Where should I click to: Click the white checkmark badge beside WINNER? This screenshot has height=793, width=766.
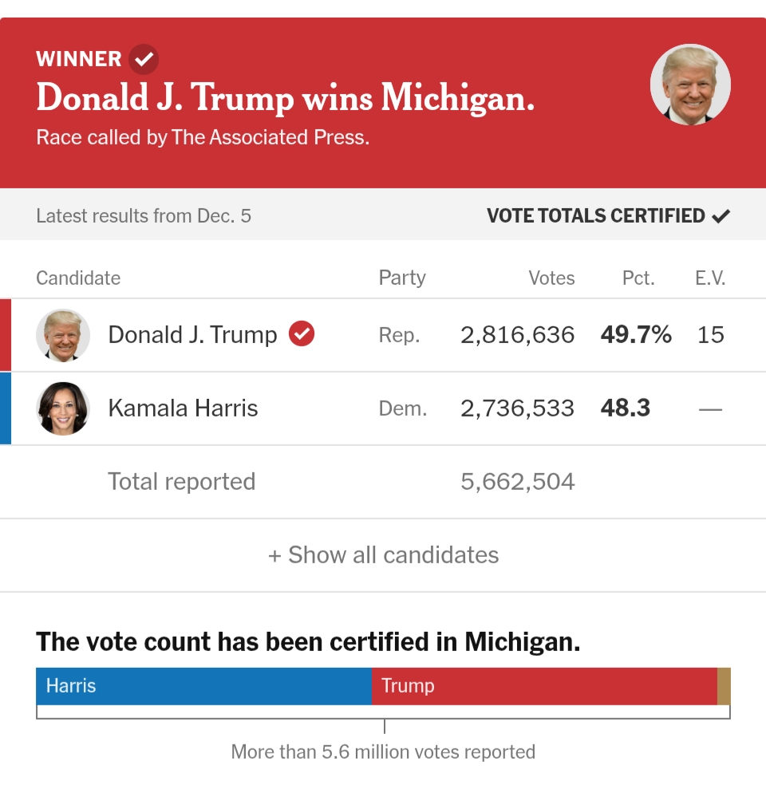144,59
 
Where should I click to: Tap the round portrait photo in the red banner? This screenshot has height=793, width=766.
690,85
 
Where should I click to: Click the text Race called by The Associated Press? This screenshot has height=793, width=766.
203,137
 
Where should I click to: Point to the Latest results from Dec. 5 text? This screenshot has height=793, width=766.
144,215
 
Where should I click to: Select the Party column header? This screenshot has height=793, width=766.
401,278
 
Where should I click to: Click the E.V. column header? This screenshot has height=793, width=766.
709,278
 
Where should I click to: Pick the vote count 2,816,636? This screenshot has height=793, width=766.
517,335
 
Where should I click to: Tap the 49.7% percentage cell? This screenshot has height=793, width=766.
636,335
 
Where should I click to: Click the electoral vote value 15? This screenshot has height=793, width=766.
710,335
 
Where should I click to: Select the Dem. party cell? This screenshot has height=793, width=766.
402,408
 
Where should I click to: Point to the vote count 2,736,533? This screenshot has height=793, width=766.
517,408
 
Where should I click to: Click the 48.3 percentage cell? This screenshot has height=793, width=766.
626,408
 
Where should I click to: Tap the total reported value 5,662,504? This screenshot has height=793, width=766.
517,482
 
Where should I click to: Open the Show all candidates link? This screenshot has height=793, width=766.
383,555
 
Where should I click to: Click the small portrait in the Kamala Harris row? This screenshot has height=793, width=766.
63,408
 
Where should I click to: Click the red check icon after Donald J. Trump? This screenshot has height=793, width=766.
302,333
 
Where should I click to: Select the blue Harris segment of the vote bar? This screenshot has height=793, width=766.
203,686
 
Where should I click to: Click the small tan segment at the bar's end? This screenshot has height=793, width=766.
724,686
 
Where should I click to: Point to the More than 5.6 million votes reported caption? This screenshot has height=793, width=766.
383,752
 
